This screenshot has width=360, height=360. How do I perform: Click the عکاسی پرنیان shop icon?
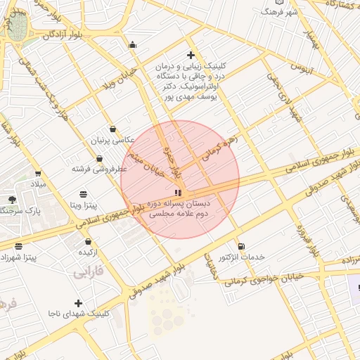[x=113, y=129]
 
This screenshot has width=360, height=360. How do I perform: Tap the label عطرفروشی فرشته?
[x=99, y=169]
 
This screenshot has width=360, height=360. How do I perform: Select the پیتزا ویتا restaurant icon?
[x=84, y=193]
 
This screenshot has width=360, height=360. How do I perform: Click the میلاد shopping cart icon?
[x=37, y=173]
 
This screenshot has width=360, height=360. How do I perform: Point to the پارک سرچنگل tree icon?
[x=11, y=200]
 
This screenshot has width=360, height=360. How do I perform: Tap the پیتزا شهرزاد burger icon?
[x=19, y=246]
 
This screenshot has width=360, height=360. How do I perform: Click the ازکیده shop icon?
[x=87, y=240]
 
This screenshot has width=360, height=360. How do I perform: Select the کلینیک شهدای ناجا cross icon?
[x=78, y=302]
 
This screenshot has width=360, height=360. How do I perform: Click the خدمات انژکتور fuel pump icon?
[x=242, y=246]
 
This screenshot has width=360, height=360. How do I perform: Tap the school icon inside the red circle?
[x=178, y=192]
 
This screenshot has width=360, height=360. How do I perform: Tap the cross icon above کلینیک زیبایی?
[x=191, y=55]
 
